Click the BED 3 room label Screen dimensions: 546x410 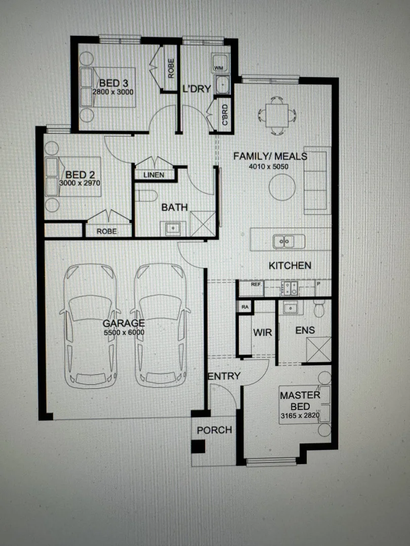click(110, 83)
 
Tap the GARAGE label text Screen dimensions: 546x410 click(124, 323)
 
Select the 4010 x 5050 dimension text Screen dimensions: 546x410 click(270, 165)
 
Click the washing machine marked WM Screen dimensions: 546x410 click(219, 67)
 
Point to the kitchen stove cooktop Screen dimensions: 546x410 click(290, 288)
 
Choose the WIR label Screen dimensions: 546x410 click(263, 332)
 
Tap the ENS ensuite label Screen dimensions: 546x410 click(305, 330)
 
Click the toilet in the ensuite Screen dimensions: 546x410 click(319, 308)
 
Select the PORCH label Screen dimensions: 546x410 click(214, 430)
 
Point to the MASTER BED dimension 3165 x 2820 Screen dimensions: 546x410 click(300, 416)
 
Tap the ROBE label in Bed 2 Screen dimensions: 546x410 click(106, 231)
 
